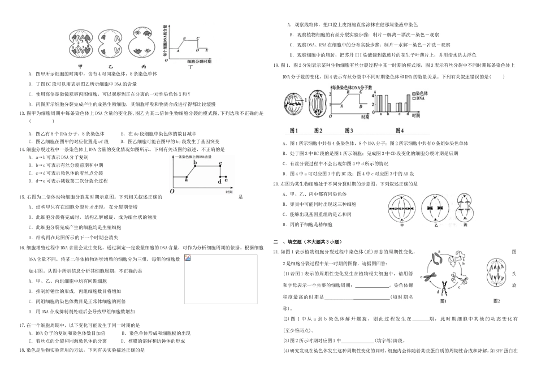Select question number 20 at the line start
coord(276,184)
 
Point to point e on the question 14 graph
coord(226,180)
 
